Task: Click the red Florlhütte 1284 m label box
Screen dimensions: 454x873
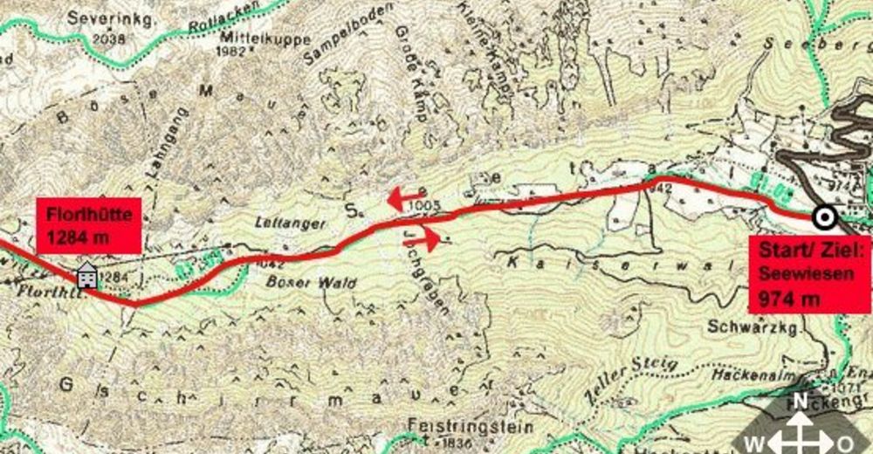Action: pos(88,225)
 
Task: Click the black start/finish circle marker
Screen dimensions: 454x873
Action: pos(823,218)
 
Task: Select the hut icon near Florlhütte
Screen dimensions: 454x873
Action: pos(86,278)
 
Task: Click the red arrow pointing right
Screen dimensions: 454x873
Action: pos(424,235)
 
